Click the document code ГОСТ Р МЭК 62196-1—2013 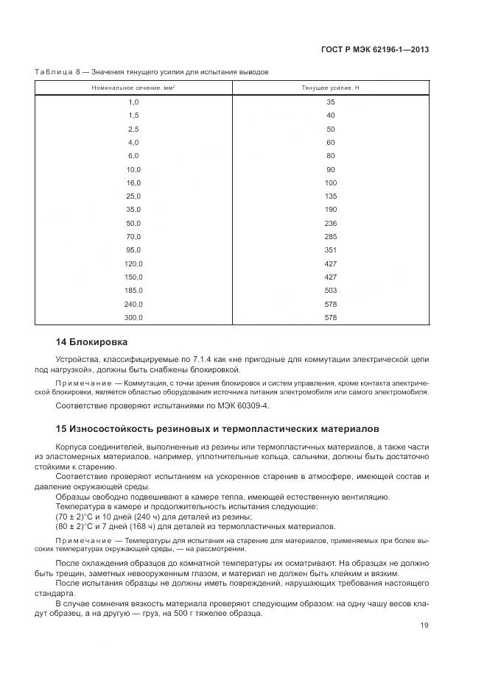pos(376,50)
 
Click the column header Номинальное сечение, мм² pos(133,88)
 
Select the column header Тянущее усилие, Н pos(330,88)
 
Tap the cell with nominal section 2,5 pos(133,129)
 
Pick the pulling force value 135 pos(330,196)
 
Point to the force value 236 pos(330,223)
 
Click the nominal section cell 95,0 pos(133,249)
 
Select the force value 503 pos(330,290)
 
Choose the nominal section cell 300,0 pos(133,317)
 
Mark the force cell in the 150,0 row pos(330,277)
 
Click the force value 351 pos(330,249)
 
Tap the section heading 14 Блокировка pos(92,342)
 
